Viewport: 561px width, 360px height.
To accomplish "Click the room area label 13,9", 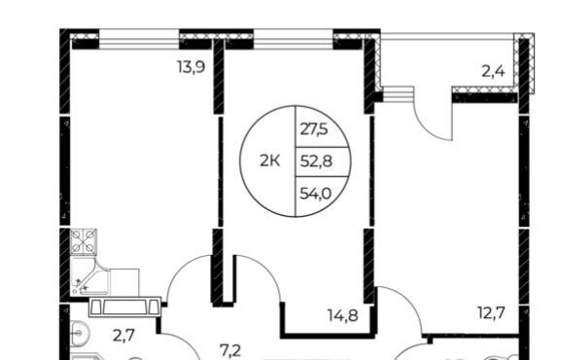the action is [192, 67].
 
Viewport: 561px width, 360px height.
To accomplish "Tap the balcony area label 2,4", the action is [493, 72].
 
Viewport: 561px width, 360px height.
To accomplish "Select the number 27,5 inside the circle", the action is [313, 129].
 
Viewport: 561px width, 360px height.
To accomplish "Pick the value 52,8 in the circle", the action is [316, 162].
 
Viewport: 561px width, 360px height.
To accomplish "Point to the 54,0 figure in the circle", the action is [316, 194].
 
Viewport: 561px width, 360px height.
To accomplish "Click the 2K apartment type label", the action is [269, 162].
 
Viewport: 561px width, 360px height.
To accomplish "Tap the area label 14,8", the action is [343, 315].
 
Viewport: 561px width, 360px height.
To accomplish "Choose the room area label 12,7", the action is [491, 313].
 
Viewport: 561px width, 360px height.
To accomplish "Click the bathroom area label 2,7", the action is [123, 336].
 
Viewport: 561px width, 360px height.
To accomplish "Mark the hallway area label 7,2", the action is [230, 351].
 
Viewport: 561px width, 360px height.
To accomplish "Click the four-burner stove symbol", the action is [84, 241].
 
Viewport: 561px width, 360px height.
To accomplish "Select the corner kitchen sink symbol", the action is [89, 275].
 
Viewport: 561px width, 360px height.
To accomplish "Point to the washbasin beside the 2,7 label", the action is [79, 334].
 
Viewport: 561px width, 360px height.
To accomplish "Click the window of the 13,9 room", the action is [139, 39].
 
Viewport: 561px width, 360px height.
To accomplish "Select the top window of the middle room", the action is [294, 39].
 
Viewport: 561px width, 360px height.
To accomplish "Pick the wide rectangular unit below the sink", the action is [124, 307].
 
